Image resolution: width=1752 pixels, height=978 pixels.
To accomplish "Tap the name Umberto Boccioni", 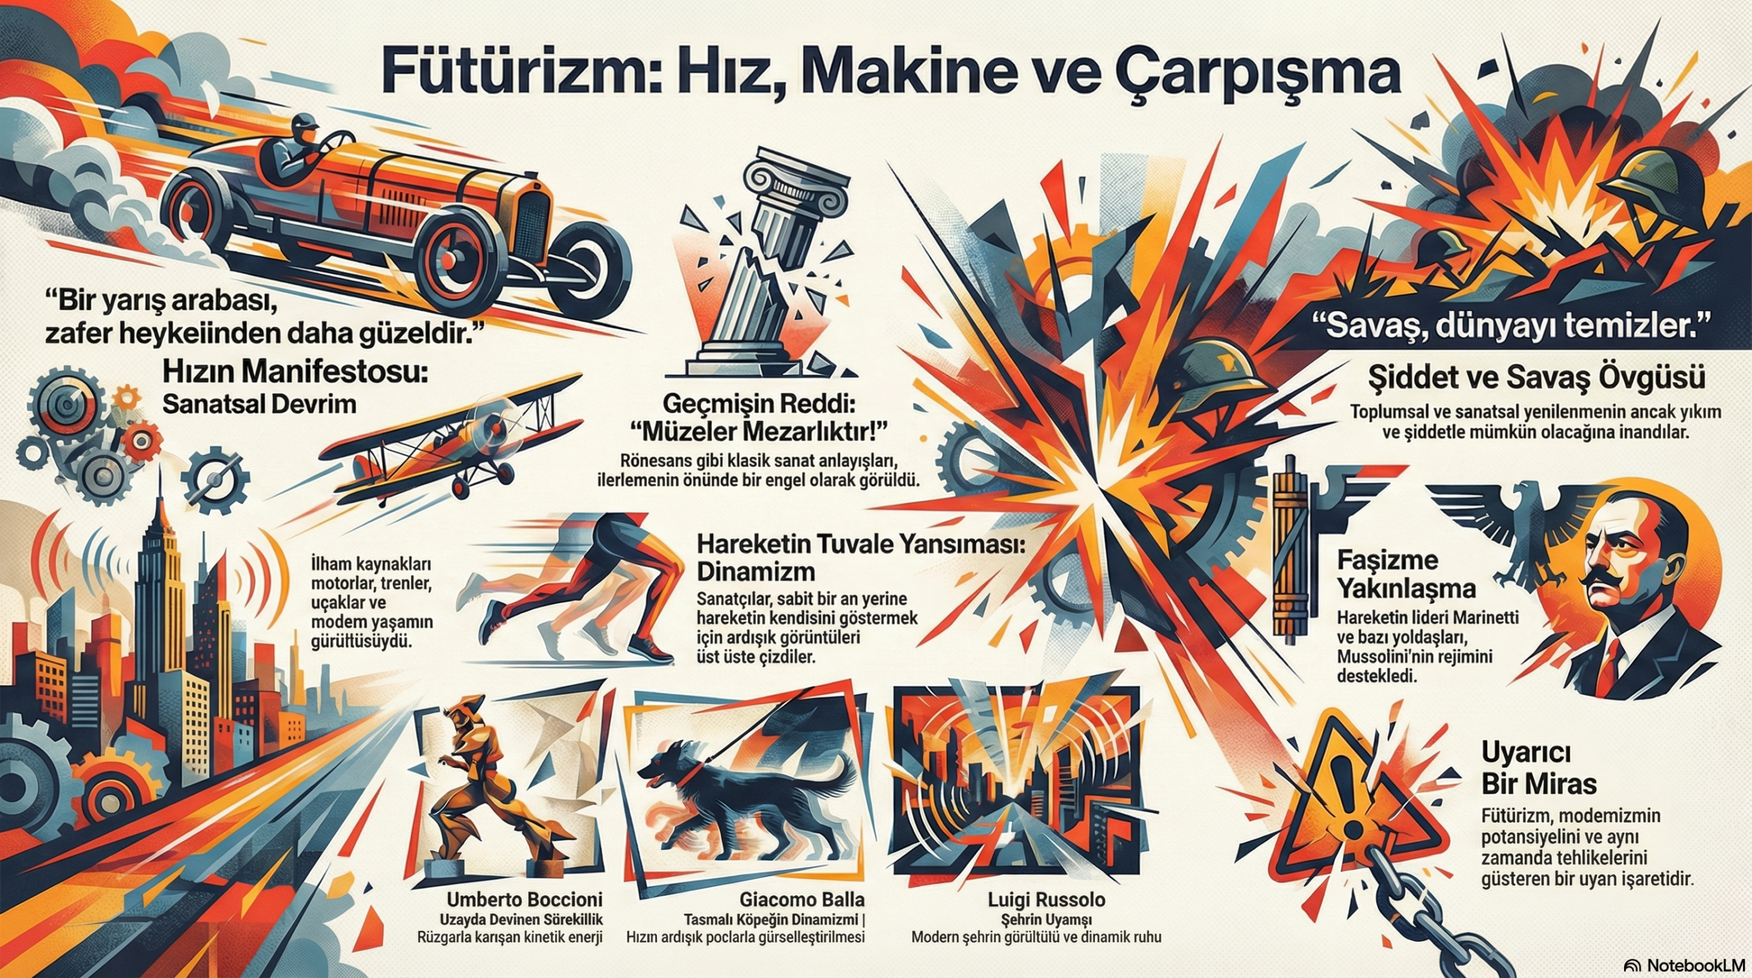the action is tap(525, 899).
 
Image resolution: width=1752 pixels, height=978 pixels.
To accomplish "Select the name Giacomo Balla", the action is tap(801, 899).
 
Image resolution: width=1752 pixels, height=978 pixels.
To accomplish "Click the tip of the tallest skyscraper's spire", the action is tap(159, 466).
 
